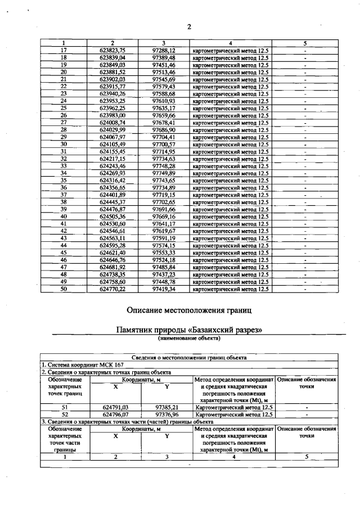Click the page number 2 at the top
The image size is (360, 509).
(189, 27)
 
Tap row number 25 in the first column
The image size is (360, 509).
(64, 108)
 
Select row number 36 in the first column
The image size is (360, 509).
(64, 188)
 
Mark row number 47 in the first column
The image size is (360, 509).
(64, 267)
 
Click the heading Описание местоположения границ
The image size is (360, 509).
(189, 309)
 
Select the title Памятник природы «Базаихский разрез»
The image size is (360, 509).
(189, 331)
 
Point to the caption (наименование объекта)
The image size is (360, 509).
(189, 339)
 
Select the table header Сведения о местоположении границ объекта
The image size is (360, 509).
(189, 357)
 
